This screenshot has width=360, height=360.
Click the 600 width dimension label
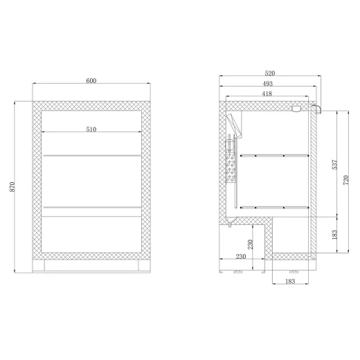(91, 81)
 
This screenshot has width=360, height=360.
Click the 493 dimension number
(264, 83)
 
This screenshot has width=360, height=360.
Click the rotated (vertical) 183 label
(334, 235)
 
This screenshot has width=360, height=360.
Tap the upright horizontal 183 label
(289, 281)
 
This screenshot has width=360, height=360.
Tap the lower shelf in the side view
(273, 206)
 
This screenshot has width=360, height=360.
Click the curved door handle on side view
(317, 109)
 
